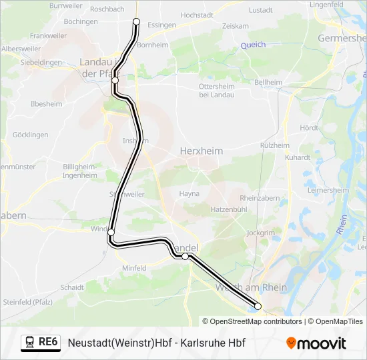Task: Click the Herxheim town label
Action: click(x=202, y=151)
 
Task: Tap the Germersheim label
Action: click(x=343, y=38)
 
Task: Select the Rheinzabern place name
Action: click(x=259, y=198)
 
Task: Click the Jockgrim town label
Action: click(x=260, y=233)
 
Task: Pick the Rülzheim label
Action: click(x=274, y=145)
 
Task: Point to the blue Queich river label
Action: click(x=253, y=45)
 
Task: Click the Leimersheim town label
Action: click(x=328, y=190)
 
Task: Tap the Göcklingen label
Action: click(x=31, y=135)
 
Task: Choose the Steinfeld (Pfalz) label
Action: click(x=29, y=302)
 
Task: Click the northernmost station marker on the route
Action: click(x=137, y=21)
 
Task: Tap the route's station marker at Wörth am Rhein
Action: click(x=258, y=307)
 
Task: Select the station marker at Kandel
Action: click(x=186, y=256)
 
